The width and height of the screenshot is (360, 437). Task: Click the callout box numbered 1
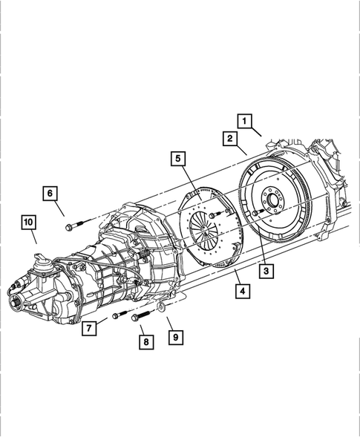pyautogui.click(x=244, y=119)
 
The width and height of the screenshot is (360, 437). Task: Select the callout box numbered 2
pyautogui.click(x=230, y=138)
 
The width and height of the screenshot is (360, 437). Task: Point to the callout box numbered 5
pyautogui.click(x=178, y=158)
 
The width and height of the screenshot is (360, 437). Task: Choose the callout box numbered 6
pyautogui.click(x=50, y=194)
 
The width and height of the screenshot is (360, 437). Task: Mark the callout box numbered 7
pyautogui.click(x=88, y=328)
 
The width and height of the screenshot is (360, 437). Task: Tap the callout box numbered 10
pyautogui.click(x=28, y=222)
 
